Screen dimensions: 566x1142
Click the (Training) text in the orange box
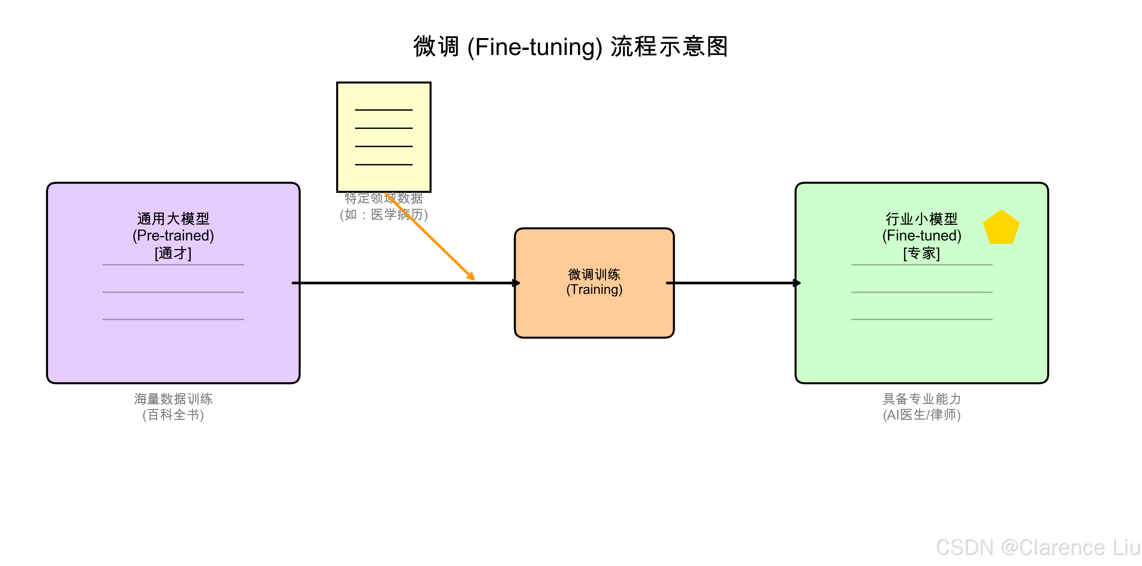click(594, 289)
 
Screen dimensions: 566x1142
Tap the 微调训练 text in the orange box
click(594, 274)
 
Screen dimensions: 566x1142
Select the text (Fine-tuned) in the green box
click(922, 235)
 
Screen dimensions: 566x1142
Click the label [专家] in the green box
click(922, 253)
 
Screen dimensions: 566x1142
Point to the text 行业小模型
click(922, 218)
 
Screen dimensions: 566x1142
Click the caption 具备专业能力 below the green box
click(922, 398)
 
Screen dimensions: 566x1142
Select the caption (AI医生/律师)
click(922, 415)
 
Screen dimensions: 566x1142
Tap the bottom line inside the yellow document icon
click(384, 164)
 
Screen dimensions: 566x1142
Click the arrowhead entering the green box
click(797, 283)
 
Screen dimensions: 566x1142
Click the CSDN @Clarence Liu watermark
click(1037, 547)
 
